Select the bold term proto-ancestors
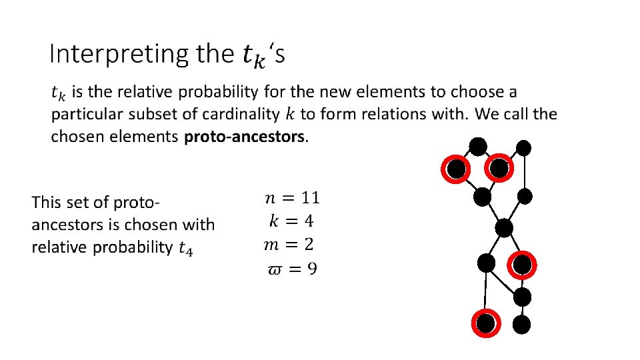coord(244,137)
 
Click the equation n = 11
coord(292,197)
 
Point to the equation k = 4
coord(291,221)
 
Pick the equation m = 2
coord(289,245)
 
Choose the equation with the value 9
coord(292,269)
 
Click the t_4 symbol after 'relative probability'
coord(187,249)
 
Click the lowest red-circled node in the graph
coord(486,323)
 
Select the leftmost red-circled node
coord(456,170)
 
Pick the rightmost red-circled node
coord(522,265)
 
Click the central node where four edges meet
coord(504,229)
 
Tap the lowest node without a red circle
coord(522,325)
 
